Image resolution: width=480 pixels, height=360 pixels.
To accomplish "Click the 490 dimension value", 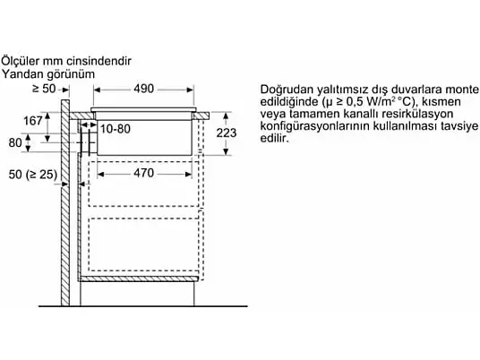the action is point(143,89).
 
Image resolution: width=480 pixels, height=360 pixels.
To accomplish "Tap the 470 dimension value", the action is point(143,173).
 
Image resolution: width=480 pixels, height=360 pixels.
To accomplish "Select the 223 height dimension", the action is point(227,133).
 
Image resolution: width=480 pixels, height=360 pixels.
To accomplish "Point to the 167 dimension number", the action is point(33,121).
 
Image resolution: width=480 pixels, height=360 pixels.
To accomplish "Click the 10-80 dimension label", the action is point(116,129).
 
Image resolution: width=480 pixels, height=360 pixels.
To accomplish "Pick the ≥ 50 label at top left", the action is point(44,89).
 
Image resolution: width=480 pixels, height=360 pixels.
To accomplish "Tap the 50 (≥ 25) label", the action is point(33,175).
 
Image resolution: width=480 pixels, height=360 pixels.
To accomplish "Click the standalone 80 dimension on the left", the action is point(15,143).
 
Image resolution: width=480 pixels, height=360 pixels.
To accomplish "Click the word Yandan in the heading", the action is point(22,74).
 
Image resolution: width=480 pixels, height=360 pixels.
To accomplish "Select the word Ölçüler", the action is point(21,61).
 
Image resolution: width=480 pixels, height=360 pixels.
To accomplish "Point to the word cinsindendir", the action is point(99,61).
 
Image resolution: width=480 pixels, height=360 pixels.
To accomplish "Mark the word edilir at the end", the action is point(275,138).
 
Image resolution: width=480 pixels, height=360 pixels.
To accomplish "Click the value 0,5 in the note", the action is point(356,101).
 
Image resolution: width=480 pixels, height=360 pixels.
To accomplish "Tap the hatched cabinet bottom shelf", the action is point(139,279).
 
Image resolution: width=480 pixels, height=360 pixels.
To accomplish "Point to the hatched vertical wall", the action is point(65,202).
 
